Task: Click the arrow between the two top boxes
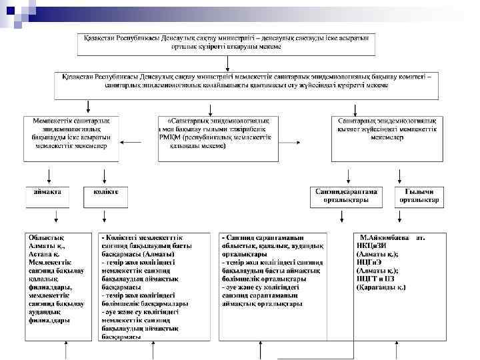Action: (228, 63)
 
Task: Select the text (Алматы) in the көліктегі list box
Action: (159, 254)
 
